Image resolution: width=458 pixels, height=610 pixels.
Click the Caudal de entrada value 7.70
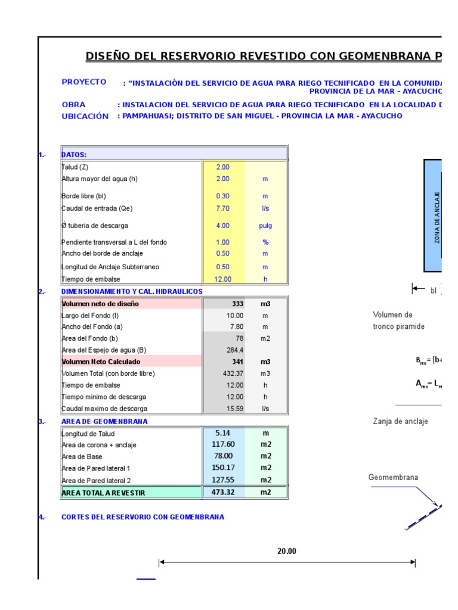point(223,208)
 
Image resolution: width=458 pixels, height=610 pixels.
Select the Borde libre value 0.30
point(223,196)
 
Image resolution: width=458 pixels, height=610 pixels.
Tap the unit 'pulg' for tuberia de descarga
point(265,226)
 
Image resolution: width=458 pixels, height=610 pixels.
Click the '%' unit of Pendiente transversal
point(265,242)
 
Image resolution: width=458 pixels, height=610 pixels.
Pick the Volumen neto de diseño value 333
point(237,304)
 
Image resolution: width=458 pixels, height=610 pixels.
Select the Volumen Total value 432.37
point(233,374)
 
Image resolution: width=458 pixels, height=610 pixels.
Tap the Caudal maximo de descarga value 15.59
point(234,409)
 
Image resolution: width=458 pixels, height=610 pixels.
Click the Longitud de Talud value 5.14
point(222,434)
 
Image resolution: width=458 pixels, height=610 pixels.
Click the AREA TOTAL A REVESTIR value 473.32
point(222,492)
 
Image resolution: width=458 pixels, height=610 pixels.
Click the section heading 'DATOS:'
point(74,154)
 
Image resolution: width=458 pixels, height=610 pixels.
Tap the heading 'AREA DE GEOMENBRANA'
point(104,421)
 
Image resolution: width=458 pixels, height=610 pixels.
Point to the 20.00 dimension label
point(286,552)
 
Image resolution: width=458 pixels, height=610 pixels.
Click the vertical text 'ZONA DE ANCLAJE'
point(437,217)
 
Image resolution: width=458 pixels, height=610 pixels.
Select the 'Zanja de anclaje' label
point(400,421)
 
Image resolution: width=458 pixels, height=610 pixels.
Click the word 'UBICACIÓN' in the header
point(85,116)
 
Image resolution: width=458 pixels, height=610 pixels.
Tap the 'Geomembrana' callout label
point(393,477)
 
